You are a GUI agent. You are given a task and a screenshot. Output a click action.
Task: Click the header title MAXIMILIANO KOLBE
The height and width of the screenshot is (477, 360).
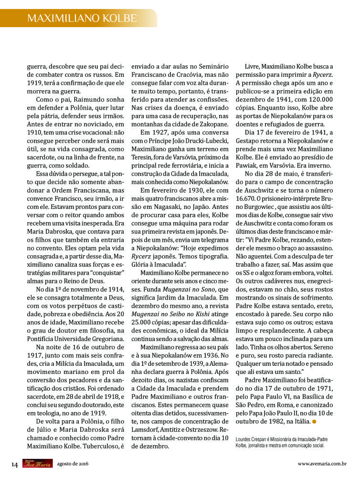[x=82, y=18]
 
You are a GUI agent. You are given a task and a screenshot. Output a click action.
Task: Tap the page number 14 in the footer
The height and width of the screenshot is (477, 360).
[x=15, y=464]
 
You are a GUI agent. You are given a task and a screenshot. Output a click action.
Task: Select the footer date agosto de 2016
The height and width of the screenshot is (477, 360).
[x=73, y=464]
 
